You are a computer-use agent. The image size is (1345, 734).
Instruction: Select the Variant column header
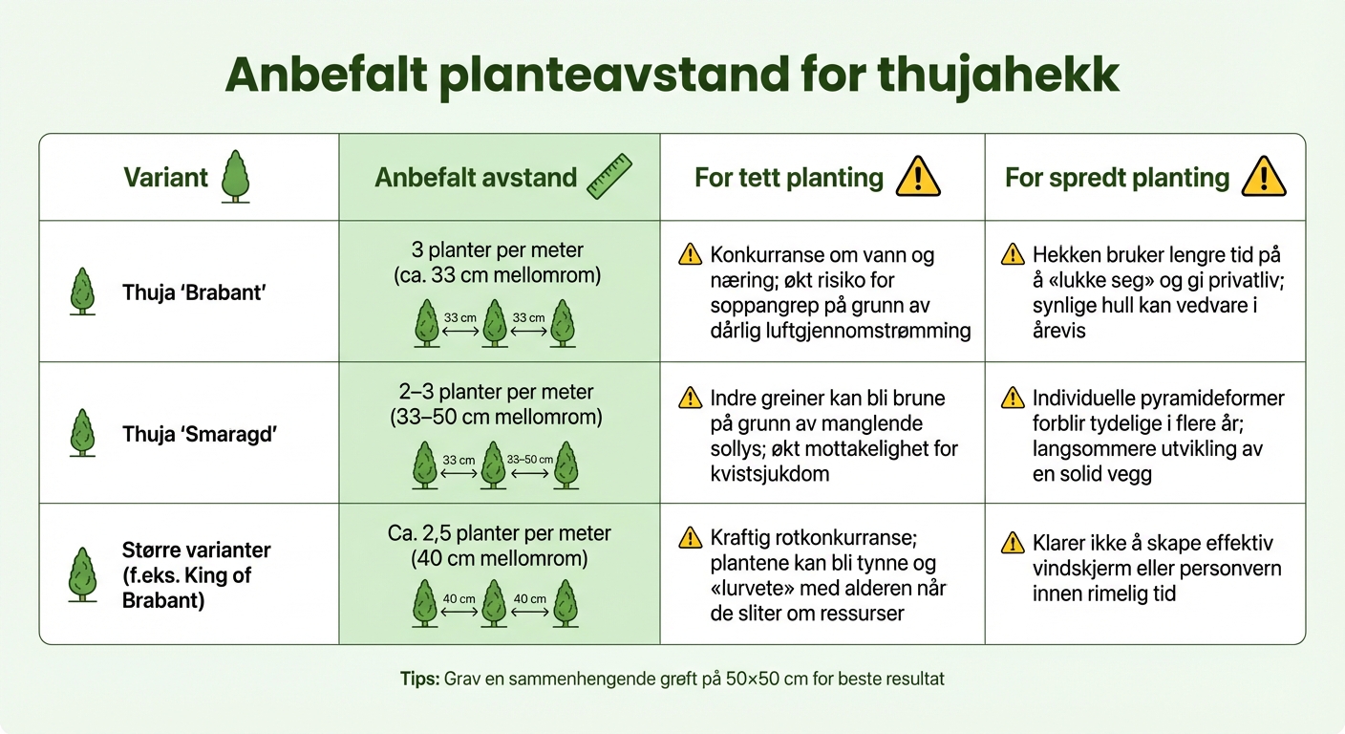165,178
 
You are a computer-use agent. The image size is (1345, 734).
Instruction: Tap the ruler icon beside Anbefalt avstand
609,178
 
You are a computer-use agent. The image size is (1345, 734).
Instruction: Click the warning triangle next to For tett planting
918,178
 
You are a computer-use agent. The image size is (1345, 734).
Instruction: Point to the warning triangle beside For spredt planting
1263,178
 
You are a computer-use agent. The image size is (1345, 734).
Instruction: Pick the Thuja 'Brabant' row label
194,292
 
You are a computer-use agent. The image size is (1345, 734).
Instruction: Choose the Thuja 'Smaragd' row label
200,434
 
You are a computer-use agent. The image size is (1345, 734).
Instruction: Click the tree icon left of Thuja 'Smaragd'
83,433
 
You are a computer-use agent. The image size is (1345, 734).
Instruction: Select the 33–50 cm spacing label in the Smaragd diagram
530,460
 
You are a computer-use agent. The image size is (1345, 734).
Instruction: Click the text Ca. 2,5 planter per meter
500,533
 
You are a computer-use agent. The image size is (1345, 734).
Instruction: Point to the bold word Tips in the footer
418,680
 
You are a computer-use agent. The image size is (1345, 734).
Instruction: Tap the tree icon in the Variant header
235,178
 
